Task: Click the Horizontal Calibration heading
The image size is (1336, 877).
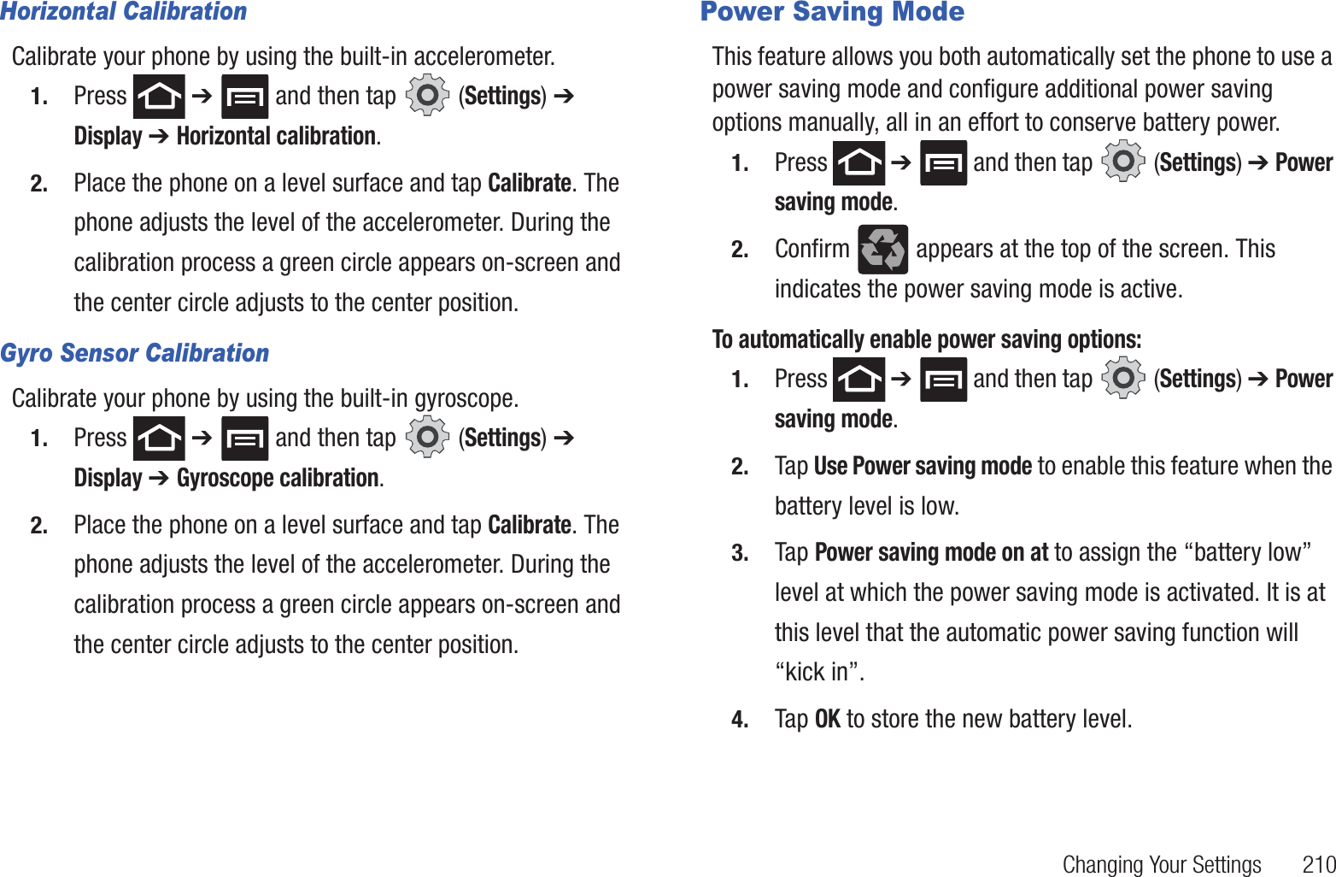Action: coord(124,12)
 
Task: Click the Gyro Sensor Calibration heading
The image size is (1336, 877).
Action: coord(135,353)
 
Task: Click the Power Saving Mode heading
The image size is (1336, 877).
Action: coord(832,12)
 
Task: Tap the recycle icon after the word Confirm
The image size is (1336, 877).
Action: coord(882,250)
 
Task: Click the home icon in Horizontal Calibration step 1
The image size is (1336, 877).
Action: coord(159,97)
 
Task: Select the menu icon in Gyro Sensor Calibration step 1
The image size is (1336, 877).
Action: coord(244,438)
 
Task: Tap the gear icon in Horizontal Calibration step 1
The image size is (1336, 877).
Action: coord(427,95)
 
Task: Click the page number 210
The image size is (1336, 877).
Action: coord(1318,864)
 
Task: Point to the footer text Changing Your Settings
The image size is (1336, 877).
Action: coord(1162,864)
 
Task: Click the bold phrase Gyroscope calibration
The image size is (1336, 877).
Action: coord(278,478)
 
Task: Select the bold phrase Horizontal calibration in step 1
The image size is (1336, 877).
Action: coord(276,136)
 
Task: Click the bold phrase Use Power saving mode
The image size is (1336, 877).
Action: coord(923,466)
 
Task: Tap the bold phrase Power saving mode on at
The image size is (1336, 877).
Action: coord(931,552)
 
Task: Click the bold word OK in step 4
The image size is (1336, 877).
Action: coord(827,719)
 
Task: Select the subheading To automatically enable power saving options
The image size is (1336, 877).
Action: coord(927,339)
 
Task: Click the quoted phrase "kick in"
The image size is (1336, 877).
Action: coord(819,673)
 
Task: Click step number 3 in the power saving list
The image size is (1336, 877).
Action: coord(740,553)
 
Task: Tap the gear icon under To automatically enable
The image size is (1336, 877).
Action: coord(1123,378)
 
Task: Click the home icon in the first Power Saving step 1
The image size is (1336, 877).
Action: coord(858,162)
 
